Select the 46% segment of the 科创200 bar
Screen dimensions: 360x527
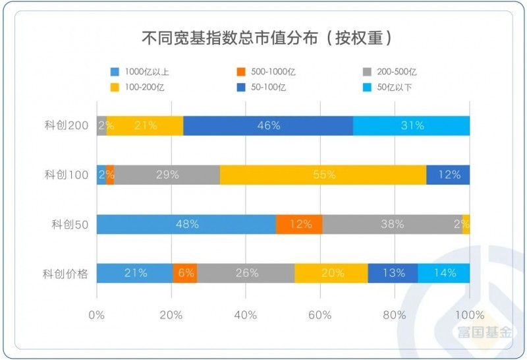click(268, 126)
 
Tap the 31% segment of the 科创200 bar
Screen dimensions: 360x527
click(412, 126)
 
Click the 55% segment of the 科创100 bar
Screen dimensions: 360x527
click(323, 175)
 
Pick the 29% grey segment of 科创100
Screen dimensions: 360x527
click(167, 175)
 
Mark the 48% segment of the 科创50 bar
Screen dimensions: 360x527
click(186, 224)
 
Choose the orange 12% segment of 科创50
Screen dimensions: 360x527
click(300, 224)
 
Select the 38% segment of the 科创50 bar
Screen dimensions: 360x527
click(392, 224)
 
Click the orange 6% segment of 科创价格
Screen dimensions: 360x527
click(184, 273)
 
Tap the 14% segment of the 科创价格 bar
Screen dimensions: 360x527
click(443, 273)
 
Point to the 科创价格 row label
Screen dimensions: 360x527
click(67, 273)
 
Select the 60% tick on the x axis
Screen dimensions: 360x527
click(320, 315)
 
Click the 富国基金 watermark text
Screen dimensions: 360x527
click(485, 333)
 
